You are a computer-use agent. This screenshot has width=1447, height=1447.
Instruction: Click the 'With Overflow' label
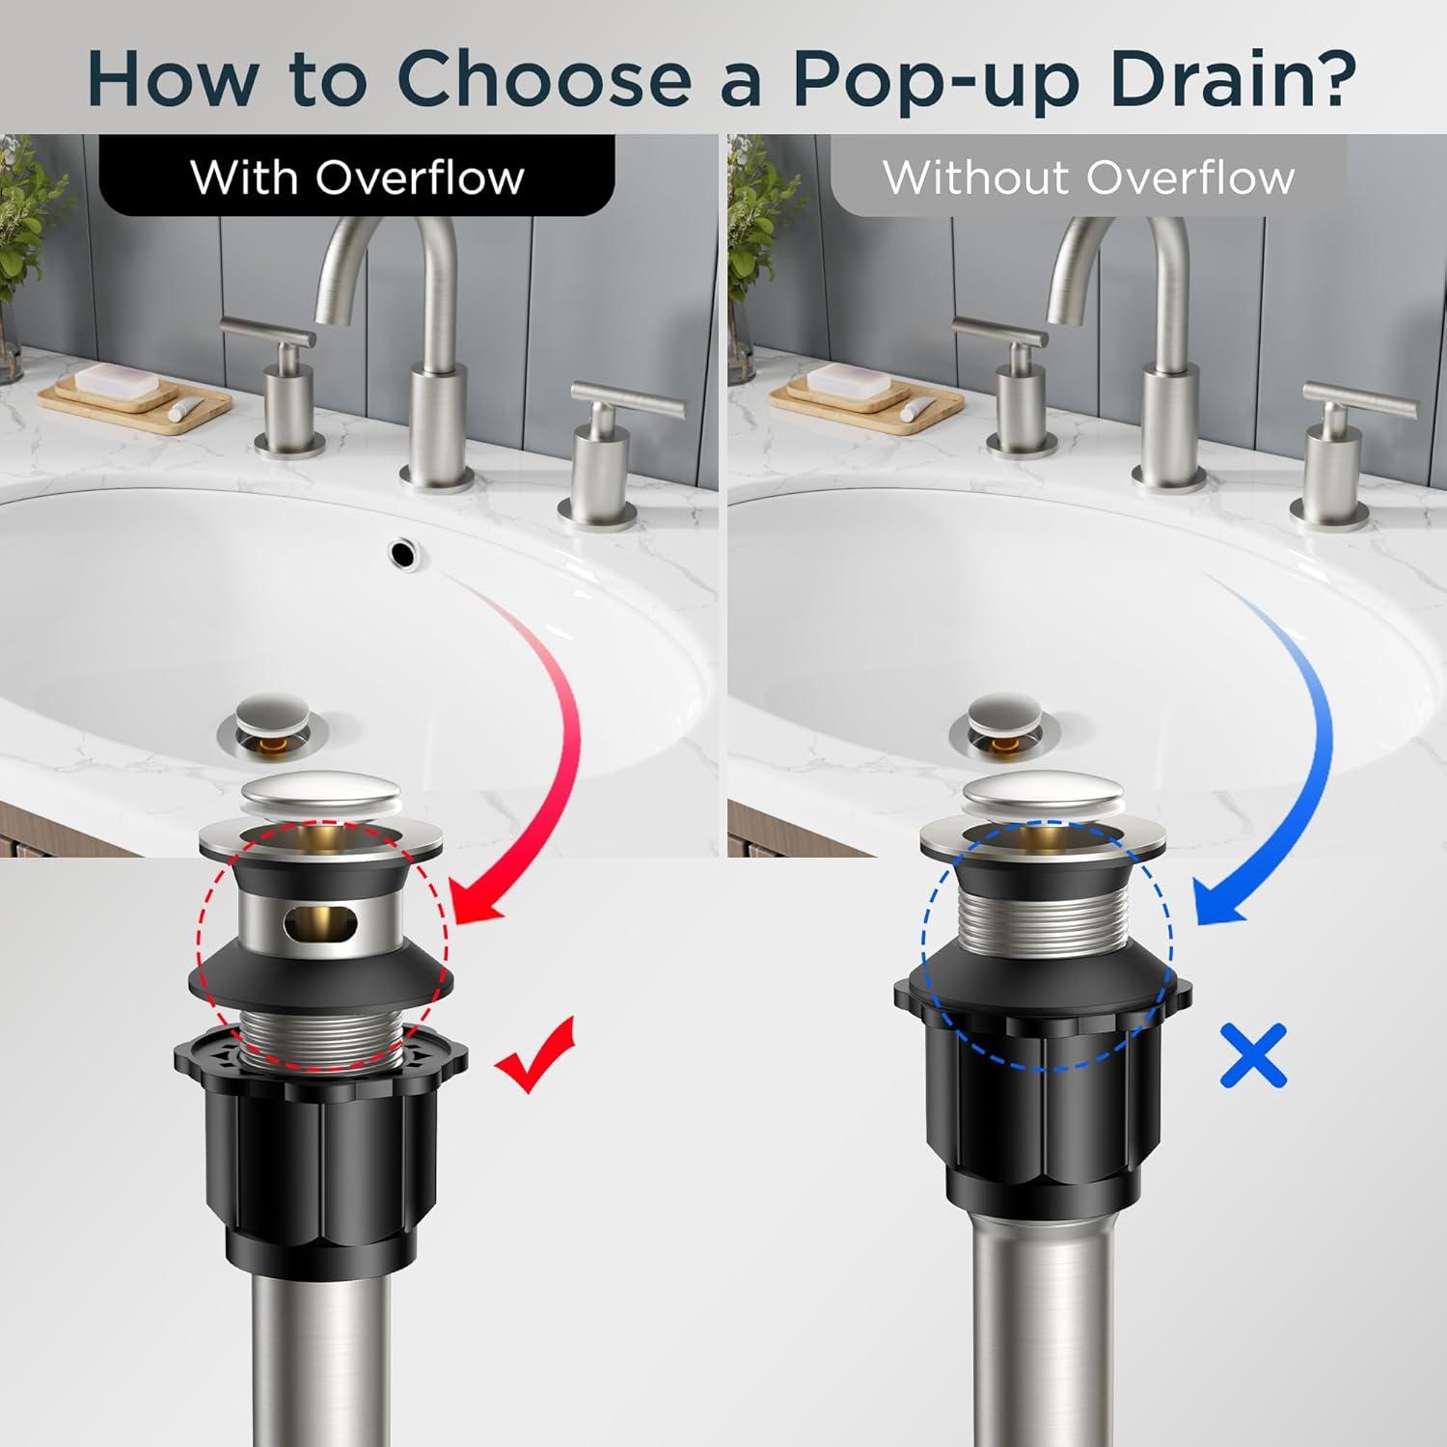[357, 177]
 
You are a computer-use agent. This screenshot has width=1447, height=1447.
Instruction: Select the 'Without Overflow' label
[1089, 177]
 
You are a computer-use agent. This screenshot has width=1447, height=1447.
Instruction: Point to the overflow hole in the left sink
[403, 552]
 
